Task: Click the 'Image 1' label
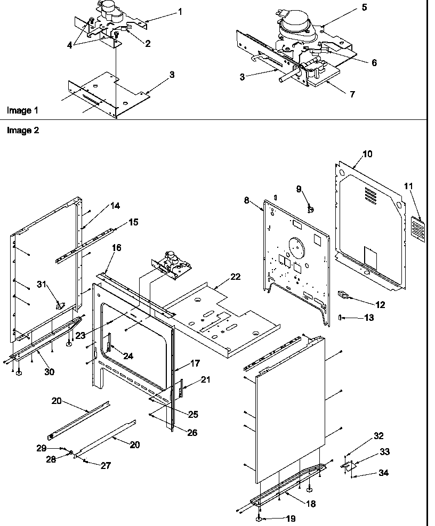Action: coord(22,110)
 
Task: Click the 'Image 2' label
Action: coord(22,130)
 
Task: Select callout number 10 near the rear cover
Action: coord(367,154)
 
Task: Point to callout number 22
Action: coord(235,277)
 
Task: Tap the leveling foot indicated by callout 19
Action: coord(259,518)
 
